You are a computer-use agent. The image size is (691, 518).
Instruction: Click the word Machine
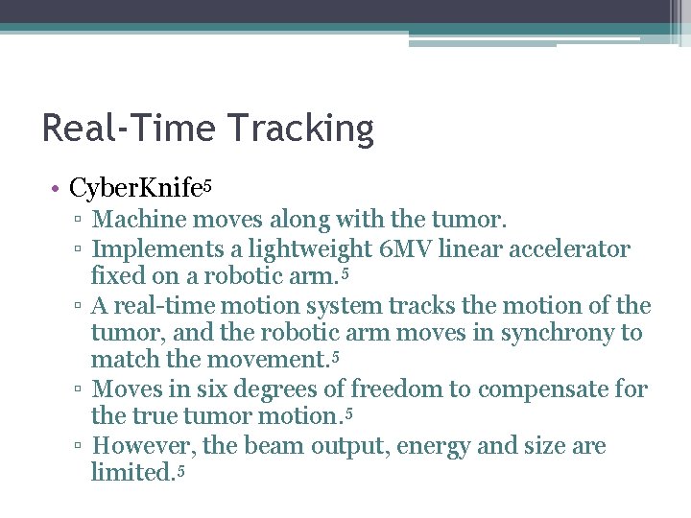[139, 221]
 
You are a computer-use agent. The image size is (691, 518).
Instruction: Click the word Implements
[158, 250]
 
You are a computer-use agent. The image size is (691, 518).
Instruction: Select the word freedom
[410, 389]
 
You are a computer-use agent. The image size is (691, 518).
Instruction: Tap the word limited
[131, 473]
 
